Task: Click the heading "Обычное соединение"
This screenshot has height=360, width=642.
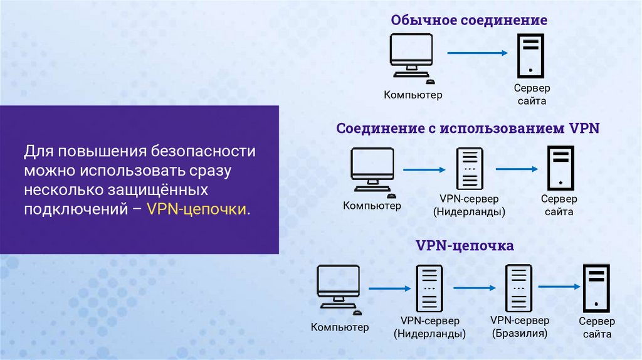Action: tap(469, 20)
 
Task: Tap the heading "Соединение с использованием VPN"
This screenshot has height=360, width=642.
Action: tap(468, 129)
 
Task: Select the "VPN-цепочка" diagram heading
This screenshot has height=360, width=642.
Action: tap(465, 245)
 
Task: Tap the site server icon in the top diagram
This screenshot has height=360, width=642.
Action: tap(530, 55)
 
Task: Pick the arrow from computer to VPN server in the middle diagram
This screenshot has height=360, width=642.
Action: tap(423, 169)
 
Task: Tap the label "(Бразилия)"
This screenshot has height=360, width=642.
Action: tap(519, 333)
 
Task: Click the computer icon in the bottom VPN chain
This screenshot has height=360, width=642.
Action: tap(338, 287)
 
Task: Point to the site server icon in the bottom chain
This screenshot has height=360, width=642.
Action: tap(596, 287)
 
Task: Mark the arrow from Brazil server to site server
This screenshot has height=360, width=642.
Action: tap(557, 287)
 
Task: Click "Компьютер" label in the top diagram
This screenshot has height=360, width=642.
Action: tap(413, 95)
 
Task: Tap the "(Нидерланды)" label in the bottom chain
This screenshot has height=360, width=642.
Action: tap(429, 334)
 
